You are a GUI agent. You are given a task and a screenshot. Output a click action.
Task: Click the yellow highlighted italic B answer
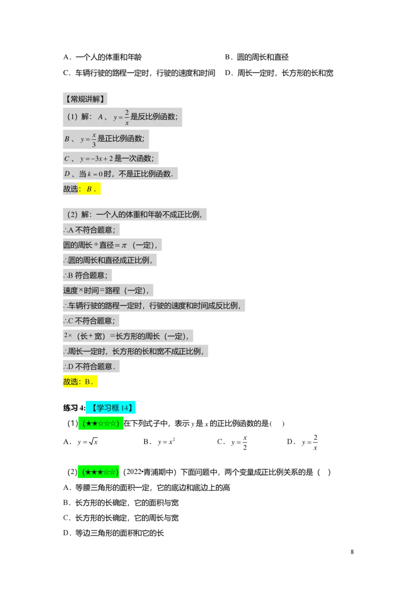90,189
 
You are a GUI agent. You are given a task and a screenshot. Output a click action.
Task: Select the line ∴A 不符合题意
89,230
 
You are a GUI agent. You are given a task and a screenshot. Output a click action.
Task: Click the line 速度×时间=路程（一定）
106,290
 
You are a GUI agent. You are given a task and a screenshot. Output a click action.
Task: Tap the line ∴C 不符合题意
89,321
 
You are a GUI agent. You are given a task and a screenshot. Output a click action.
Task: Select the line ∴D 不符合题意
89,366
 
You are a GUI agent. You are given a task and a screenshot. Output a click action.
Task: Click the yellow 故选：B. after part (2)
80,382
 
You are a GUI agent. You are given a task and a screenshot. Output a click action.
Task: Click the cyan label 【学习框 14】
111,409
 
